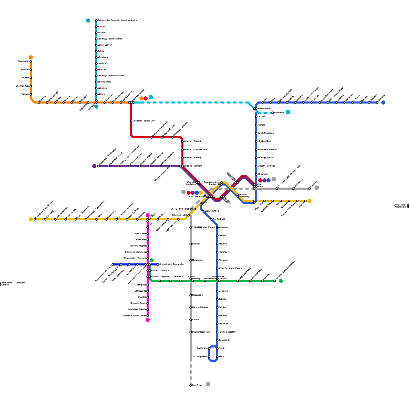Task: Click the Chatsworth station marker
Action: pos(31,61)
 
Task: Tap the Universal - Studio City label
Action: pos(143,121)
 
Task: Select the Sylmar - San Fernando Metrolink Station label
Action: pos(117,20)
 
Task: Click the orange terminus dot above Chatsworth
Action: pos(31,57)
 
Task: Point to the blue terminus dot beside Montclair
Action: pos(383,102)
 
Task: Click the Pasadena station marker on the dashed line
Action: pos(273,113)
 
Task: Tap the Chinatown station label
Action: pos(263,174)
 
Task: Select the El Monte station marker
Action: pos(310,189)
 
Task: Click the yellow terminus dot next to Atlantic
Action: pos(310,201)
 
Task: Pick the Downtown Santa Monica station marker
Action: pos(35,219)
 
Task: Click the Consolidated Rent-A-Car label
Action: pos(171,264)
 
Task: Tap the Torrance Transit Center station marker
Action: pos(148,316)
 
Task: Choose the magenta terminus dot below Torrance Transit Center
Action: pos(148,320)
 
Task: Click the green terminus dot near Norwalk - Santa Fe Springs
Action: pos(281,281)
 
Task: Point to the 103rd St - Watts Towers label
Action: pos(230,268)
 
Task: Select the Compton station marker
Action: pos(217,291)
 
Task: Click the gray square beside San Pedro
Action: pos(208,384)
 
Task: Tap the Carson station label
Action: pos(196,320)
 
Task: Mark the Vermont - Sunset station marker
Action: pos(182,141)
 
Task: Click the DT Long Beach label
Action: pos(200,356)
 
